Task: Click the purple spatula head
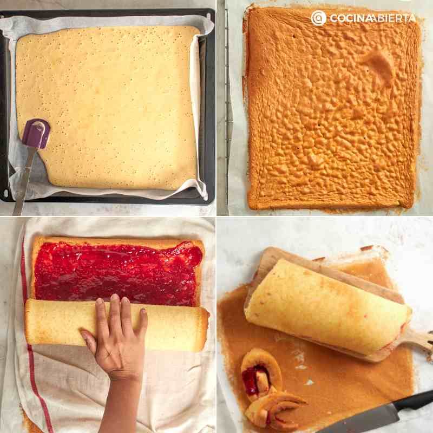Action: click(36, 134)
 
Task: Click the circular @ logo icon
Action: click(318, 18)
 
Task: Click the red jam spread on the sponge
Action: click(117, 273)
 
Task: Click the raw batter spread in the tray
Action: click(108, 108)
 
